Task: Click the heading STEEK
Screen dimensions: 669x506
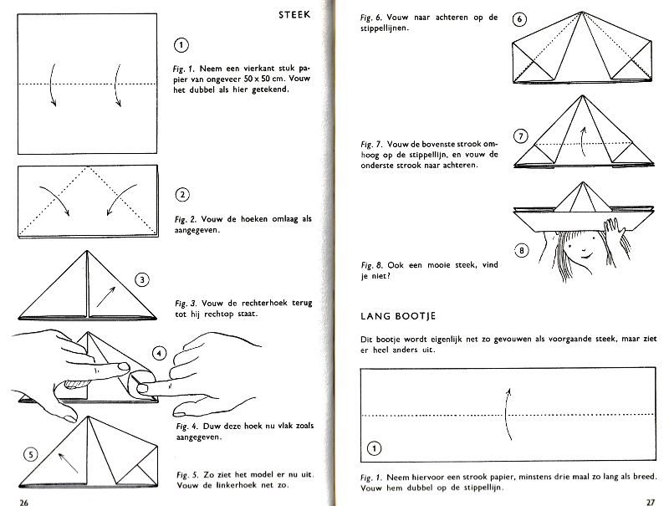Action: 294,15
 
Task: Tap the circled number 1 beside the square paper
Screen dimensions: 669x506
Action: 181,45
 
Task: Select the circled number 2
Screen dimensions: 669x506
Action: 182,195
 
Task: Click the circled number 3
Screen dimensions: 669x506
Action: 142,280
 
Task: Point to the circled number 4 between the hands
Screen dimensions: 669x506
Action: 159,353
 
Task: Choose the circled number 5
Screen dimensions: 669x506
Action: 31,455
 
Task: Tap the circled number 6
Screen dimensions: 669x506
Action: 519,19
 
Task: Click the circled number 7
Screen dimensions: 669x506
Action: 520,136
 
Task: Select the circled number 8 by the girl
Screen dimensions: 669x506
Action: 521,250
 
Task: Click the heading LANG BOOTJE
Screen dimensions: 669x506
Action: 398,316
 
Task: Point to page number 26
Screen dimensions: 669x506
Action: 24,502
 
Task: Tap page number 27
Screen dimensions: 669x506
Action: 651,502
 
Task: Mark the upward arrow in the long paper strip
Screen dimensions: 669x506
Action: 507,414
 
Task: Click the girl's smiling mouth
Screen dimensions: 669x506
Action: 587,256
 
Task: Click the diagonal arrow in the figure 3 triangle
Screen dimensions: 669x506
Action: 106,297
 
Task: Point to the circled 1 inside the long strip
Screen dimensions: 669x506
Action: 374,448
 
